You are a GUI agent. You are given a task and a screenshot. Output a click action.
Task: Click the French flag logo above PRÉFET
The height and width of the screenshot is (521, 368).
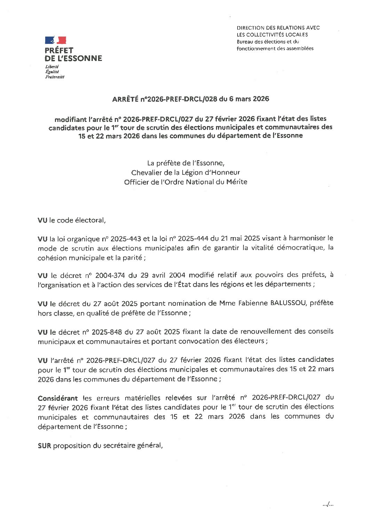(x=55, y=40)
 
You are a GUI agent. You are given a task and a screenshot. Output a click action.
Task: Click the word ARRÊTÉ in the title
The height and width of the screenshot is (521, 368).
(x=125, y=99)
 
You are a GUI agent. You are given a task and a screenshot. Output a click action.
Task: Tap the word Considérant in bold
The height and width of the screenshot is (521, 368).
(x=58, y=398)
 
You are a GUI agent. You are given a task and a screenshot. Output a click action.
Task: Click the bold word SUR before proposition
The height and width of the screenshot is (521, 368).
(x=44, y=445)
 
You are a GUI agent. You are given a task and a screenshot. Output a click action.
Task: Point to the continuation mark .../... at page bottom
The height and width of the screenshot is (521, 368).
(x=328, y=504)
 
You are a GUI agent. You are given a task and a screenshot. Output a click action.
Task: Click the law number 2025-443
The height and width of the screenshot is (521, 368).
(x=126, y=239)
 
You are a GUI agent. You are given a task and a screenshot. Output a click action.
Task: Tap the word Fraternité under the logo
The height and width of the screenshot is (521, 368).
(x=55, y=77)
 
